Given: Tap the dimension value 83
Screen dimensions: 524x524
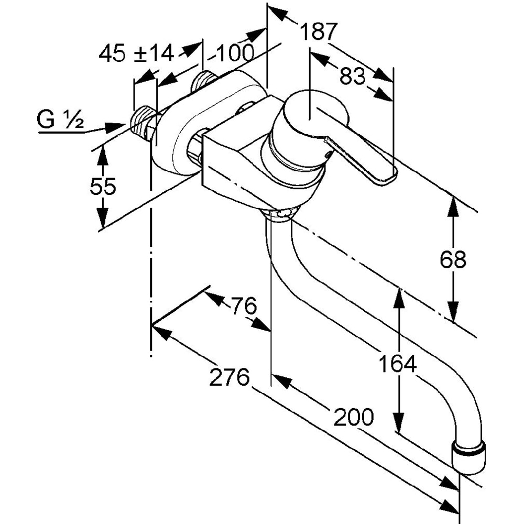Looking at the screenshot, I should pyautogui.click(x=352, y=77).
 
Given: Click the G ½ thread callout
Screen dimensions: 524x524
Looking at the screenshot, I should pyautogui.click(x=60, y=120).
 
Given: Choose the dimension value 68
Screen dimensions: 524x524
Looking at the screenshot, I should pyautogui.click(x=453, y=259).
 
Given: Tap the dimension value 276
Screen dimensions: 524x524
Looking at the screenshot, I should pyautogui.click(x=229, y=377).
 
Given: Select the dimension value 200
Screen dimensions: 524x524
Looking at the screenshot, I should pyautogui.click(x=354, y=417).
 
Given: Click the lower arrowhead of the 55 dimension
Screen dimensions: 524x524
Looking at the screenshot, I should pyautogui.click(x=103, y=220).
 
